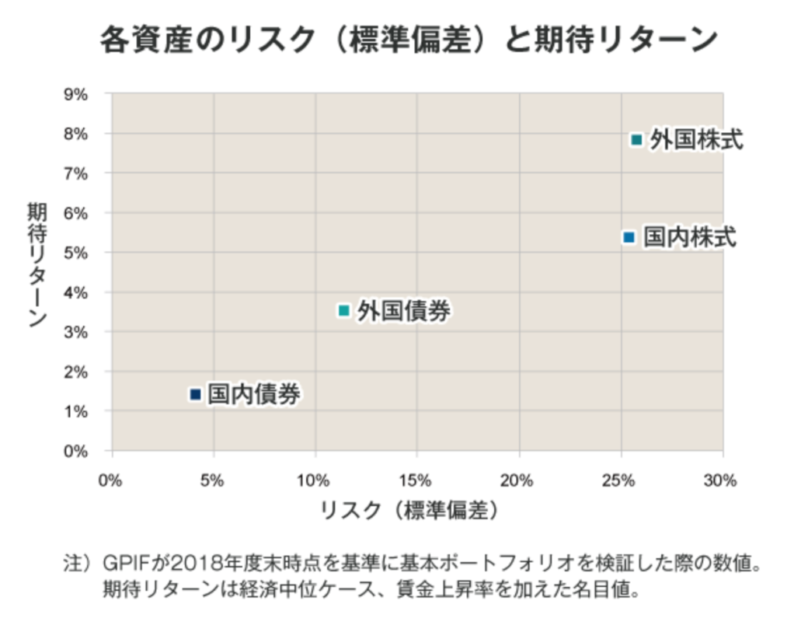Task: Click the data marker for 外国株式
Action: [x=636, y=140]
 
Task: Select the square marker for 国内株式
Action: [x=629, y=236]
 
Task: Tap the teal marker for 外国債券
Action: [x=344, y=310]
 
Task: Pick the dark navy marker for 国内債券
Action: [x=195, y=394]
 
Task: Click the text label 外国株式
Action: [x=697, y=140]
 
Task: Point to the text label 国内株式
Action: [x=690, y=236]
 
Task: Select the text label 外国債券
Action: [x=404, y=311]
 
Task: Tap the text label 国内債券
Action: [x=254, y=394]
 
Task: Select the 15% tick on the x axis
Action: [x=416, y=480]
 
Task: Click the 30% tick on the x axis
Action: [x=722, y=480]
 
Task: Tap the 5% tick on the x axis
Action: [x=213, y=480]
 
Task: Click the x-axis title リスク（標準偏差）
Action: [x=409, y=511]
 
